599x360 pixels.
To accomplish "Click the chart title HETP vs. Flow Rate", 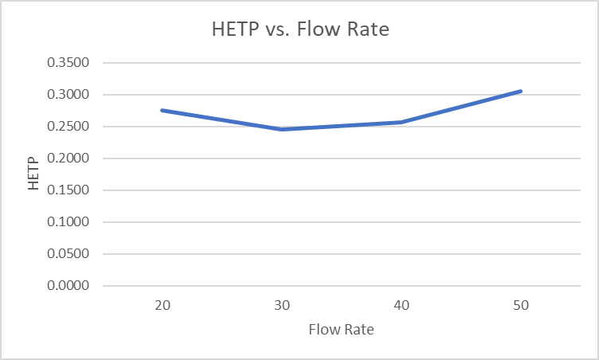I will click(300, 31).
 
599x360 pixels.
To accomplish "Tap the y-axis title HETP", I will click(33, 174).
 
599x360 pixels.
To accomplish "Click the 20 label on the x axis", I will click(162, 305).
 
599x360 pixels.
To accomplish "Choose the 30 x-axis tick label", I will click(282, 305).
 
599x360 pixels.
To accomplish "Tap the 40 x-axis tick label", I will click(401, 305).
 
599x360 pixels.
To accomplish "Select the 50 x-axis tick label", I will click(521, 305).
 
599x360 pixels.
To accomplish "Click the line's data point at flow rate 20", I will click(162, 110).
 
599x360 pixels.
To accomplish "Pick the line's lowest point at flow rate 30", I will click(282, 129).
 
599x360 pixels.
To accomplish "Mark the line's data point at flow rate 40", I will click(401, 122).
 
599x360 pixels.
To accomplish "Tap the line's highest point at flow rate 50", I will click(521, 91).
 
